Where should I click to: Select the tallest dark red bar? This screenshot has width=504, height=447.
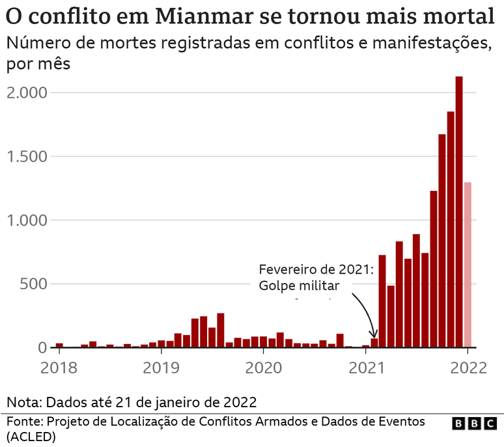[459, 212]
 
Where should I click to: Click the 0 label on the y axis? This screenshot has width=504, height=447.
[43, 348]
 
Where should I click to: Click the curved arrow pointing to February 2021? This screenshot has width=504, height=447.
[365, 313]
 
